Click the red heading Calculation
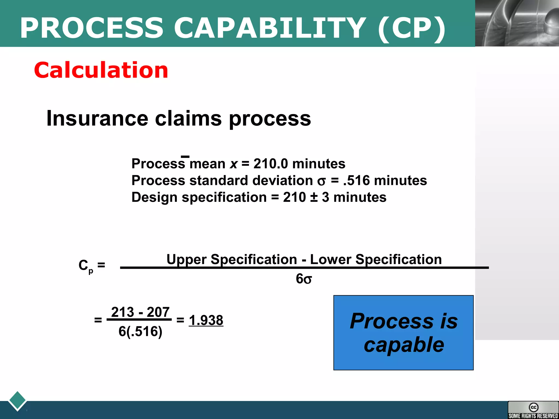tap(101, 70)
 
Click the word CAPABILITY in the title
tap(270, 28)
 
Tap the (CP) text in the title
tap(411, 28)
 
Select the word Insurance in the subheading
tap(97, 118)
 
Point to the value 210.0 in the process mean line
tap(270, 164)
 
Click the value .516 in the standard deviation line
tap(356, 181)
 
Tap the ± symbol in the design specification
tap(314, 197)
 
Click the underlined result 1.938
tap(206, 320)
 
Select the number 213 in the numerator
tap(123, 312)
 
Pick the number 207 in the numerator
tap(158, 312)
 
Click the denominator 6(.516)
tap(140, 331)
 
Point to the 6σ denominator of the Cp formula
tap(304, 279)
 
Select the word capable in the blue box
tap(404, 345)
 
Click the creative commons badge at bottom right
tap(533, 410)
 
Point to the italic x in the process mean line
tap(234, 164)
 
